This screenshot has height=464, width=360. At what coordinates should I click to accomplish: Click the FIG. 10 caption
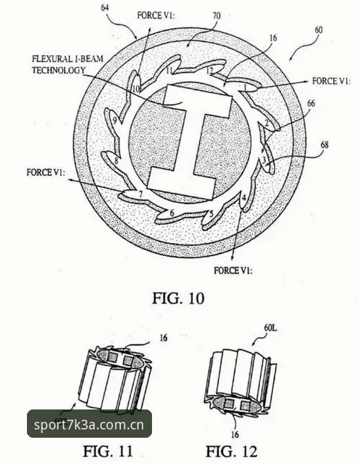point(178,298)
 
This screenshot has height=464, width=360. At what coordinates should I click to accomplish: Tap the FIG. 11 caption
point(108,451)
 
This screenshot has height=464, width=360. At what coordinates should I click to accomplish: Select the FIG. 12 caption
point(231,452)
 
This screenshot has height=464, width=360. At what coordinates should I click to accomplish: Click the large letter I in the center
point(189,142)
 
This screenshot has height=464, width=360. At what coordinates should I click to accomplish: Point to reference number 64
point(105,7)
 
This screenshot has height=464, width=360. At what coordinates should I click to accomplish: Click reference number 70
point(217,16)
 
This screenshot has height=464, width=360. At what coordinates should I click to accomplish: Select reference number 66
point(311,104)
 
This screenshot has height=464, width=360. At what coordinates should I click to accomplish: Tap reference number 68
point(325,145)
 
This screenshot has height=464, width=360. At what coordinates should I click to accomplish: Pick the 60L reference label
point(271,327)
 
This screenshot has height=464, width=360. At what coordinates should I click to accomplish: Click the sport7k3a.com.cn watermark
point(89,425)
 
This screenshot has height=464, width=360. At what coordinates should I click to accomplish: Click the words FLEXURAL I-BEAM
point(68,59)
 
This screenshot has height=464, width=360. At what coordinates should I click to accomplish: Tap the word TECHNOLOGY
point(59,70)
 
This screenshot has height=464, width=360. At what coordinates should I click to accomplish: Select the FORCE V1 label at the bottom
point(234,270)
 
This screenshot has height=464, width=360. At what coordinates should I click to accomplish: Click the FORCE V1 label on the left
point(46,172)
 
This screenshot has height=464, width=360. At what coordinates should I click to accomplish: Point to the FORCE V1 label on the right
point(331,81)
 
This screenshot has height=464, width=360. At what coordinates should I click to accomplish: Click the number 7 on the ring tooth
point(141,195)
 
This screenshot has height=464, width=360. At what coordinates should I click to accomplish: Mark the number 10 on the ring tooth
point(136,89)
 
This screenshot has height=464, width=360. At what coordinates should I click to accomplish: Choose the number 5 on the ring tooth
point(211,213)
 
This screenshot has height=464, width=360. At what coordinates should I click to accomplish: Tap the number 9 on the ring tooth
point(115,120)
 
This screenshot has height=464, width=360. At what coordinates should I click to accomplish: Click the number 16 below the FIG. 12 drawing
point(235,434)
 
